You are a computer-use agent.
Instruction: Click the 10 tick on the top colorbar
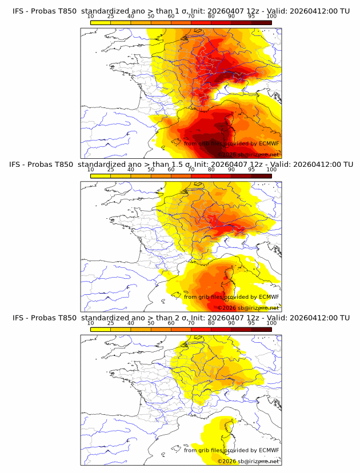pyautogui.click(x=90, y=17)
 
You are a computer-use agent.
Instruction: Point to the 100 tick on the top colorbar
pyautogui.click(x=271, y=17)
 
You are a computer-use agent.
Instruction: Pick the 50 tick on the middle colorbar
pyautogui.click(x=151, y=170)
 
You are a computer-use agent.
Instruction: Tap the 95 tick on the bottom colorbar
pyautogui.click(x=251, y=323)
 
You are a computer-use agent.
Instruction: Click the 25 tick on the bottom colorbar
pyautogui.click(x=110, y=323)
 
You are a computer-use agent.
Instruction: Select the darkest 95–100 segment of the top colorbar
pyautogui.click(x=261, y=23)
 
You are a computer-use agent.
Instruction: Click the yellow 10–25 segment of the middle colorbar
pyautogui.click(x=100, y=176)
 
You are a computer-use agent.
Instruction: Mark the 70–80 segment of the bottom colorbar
pyautogui.click(x=201, y=329)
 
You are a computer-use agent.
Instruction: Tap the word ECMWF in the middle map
pyautogui.click(x=269, y=297)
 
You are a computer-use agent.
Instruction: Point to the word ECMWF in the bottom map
pyautogui.click(x=269, y=450)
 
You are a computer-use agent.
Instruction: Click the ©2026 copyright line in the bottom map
pyautogui.click(x=247, y=460)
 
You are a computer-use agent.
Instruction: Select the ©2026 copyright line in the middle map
pyautogui.click(x=247, y=307)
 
